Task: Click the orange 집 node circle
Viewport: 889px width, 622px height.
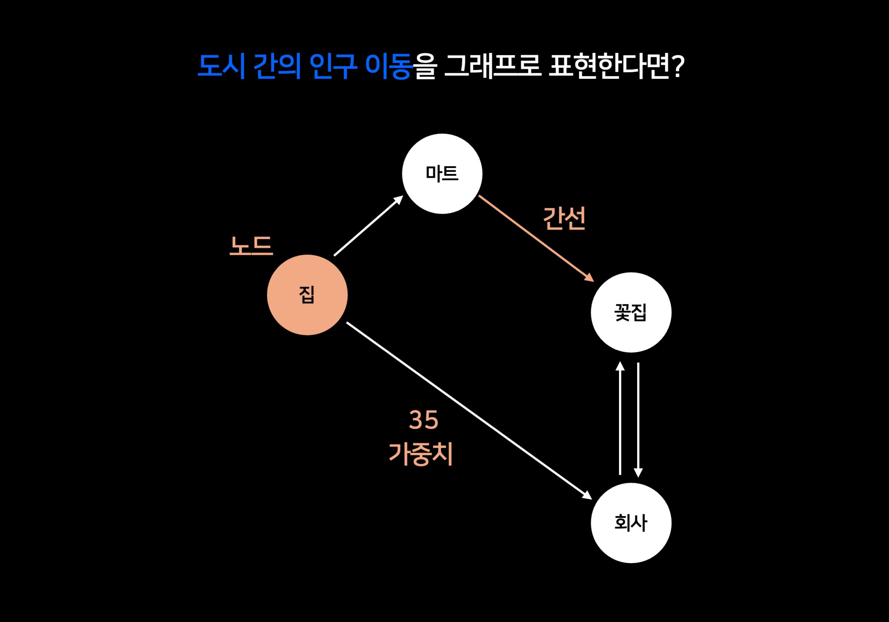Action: (x=307, y=295)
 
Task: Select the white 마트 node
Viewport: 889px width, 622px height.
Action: (x=442, y=174)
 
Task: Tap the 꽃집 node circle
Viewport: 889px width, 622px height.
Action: (x=631, y=312)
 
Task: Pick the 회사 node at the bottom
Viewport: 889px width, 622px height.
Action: (x=631, y=523)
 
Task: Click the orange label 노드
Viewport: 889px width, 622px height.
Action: (x=251, y=246)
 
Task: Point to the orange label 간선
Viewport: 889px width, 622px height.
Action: (x=564, y=218)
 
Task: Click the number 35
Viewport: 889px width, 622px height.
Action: (x=423, y=420)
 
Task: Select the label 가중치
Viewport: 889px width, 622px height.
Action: (x=421, y=454)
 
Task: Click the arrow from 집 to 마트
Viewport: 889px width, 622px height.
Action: (x=368, y=226)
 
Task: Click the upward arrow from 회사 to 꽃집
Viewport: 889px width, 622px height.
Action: (x=620, y=418)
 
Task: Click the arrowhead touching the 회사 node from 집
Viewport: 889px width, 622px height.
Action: (x=587, y=495)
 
